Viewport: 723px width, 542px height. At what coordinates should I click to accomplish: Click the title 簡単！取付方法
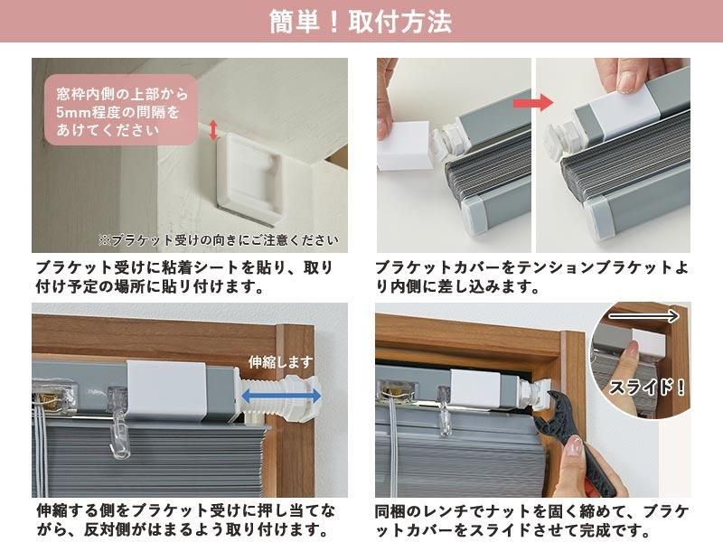pos(361,22)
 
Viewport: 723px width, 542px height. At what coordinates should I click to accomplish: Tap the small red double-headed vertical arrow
pos(213,130)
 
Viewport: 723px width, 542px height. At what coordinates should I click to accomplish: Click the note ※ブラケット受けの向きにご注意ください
pos(219,240)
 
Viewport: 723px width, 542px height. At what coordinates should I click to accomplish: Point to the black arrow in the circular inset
pos(643,316)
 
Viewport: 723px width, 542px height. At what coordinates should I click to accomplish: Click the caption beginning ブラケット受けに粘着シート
pos(184,277)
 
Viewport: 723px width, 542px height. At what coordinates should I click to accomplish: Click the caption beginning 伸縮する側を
pos(184,519)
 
